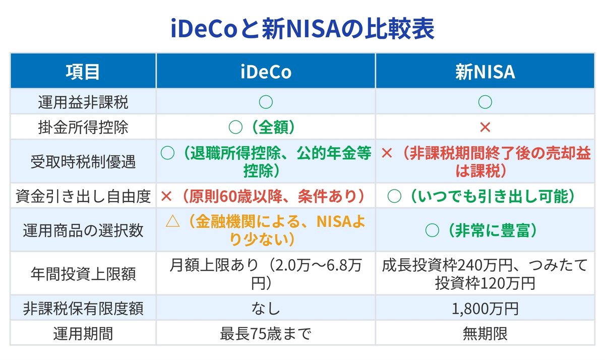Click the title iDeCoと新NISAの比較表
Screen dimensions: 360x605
coord(302,30)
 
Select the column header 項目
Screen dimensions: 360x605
coord(83,72)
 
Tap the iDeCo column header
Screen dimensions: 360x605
coord(265,72)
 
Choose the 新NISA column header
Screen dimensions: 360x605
coord(485,72)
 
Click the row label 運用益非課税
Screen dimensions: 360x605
coord(83,102)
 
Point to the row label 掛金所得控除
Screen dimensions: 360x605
coord(83,127)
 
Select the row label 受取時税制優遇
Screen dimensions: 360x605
coord(83,162)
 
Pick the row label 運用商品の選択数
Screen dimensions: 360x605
coord(83,230)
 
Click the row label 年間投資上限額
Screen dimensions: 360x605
coord(83,273)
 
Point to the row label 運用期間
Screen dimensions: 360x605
coord(83,333)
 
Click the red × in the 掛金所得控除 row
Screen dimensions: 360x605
coord(485,127)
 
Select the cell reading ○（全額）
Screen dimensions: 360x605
coord(265,127)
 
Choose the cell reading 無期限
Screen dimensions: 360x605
coord(485,333)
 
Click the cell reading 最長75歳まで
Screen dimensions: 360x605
coord(265,333)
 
